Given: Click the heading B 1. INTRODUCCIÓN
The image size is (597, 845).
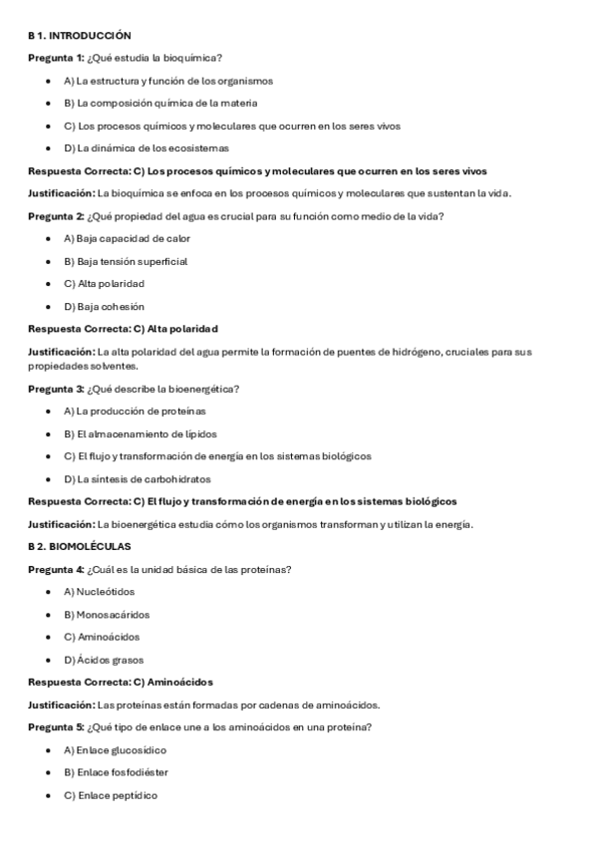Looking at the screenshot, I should pos(79,35).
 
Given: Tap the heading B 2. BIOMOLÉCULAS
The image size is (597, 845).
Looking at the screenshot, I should pos(79,547).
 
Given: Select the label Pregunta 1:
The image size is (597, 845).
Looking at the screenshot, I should pos(56,58).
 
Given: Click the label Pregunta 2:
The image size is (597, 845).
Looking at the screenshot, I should pos(56,216).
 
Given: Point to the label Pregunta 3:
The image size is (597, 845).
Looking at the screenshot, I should pos(56,389).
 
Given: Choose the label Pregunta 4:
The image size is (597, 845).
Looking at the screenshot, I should pos(56,570).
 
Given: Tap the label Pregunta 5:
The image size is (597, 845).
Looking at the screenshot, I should pos(56,727).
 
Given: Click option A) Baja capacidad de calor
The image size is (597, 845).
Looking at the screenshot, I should pos(127,239).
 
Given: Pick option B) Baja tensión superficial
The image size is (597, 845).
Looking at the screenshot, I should pos(126,262).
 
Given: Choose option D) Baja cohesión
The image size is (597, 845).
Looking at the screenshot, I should pos(104,307).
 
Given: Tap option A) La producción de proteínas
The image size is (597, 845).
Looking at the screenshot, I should pos(135,412).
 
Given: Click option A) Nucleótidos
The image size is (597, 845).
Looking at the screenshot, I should pos(99,592).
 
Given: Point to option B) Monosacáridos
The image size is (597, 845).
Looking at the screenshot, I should pos(107,615).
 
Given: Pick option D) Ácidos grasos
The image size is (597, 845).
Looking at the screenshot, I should pos(104,660).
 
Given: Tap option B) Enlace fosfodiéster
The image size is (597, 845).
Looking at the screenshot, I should pos(116,772).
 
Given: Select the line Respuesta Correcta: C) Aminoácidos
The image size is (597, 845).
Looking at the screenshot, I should pos(121,683).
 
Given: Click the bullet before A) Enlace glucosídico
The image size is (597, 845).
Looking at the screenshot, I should pos(49,750).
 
